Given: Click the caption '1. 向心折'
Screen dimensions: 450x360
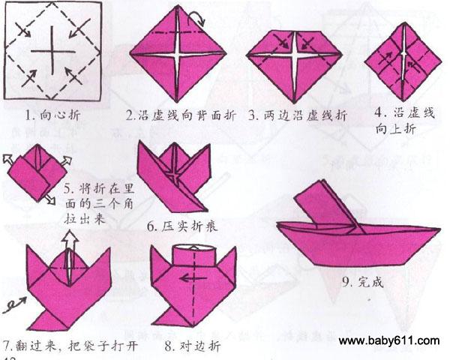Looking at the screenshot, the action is point(52,115).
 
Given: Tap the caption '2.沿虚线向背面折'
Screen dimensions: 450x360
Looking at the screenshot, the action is point(181,115).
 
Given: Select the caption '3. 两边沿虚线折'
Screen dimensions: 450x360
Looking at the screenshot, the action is point(298,115).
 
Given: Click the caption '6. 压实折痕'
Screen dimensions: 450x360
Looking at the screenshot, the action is point(182,226).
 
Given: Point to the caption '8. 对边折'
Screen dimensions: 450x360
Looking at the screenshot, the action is point(193,346).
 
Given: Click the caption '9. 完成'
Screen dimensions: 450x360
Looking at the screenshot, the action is point(363,283).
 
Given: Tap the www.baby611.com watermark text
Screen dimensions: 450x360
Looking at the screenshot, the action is point(389,340).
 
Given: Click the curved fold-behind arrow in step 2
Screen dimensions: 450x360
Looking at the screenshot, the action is point(196,16).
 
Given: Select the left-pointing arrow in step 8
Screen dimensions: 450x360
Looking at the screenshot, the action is point(193,278).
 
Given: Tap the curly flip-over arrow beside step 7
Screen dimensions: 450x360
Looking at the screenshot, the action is point(14,305).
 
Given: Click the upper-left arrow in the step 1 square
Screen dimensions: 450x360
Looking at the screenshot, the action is point(23,29).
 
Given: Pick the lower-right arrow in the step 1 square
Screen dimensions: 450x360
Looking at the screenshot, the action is point(73,76).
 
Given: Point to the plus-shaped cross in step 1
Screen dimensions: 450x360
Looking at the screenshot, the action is point(52,51).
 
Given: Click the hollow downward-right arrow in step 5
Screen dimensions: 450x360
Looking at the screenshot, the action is point(51,199).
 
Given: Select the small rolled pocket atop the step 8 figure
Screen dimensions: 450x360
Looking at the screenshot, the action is point(193,253).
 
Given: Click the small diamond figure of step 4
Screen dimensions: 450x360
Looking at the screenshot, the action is point(403,62).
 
